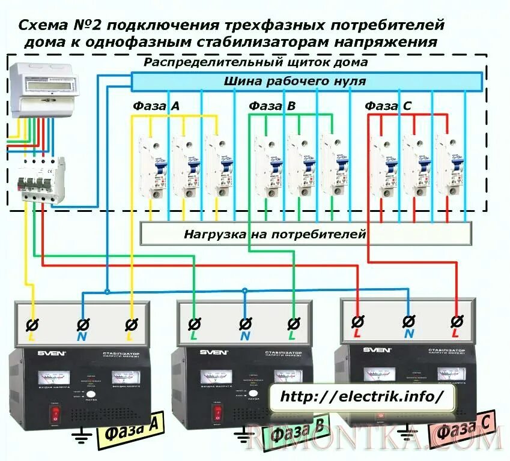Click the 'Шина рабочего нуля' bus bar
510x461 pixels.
point(306,81)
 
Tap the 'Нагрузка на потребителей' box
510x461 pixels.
point(306,234)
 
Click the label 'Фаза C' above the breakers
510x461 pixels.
point(388,106)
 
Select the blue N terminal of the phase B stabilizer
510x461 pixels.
point(245,325)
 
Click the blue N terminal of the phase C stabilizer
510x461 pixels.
point(409,321)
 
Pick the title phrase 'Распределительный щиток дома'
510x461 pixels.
point(255,62)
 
